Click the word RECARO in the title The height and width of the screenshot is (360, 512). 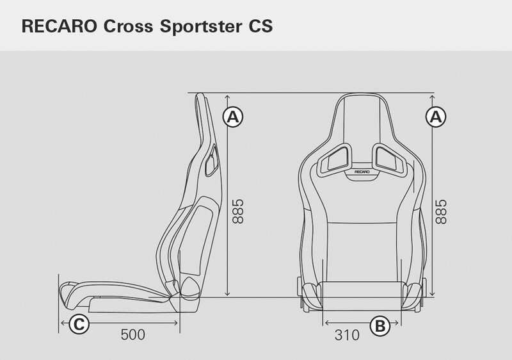59,26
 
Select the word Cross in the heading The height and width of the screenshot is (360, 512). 129,26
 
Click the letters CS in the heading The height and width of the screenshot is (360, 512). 260,26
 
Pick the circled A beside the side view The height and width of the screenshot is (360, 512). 233,117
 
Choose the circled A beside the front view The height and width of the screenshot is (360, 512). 436,117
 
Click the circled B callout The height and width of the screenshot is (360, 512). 380,325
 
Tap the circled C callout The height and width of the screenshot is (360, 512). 79,324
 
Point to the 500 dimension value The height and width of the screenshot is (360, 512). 133,335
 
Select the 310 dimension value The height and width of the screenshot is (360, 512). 347,335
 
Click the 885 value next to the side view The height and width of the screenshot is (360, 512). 238,211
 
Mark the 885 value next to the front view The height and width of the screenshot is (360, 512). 441,211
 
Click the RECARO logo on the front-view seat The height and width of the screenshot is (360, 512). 362,172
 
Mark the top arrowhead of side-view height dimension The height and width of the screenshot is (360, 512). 228,97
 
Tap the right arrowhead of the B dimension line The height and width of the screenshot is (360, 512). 396,323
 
